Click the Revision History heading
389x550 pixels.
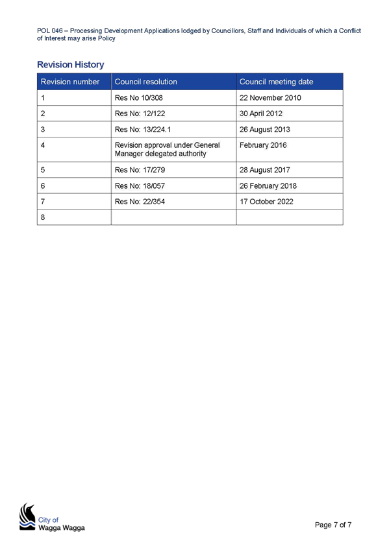[x=71, y=65]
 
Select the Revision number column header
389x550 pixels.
[x=70, y=82]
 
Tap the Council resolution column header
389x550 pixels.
[x=145, y=82]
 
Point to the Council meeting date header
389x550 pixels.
[x=276, y=82]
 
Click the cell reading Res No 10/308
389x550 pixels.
[x=139, y=98]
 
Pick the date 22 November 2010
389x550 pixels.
[x=270, y=98]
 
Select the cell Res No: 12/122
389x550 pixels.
[x=140, y=114]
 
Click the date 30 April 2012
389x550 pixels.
[x=261, y=114]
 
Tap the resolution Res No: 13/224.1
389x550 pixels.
[x=142, y=130]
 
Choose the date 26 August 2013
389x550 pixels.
[x=265, y=130]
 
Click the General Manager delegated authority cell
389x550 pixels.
[x=167, y=149]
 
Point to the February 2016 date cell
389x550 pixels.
[x=263, y=145]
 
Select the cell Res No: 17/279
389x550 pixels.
[x=140, y=170]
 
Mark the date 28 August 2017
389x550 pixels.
[x=265, y=170]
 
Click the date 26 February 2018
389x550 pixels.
[x=268, y=186]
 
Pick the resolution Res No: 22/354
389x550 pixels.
[x=140, y=202]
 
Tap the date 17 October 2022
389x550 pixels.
[x=266, y=202]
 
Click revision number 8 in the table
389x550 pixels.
[x=43, y=217]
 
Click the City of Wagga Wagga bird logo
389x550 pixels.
[x=27, y=517]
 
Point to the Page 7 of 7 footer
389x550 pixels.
[x=333, y=525]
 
